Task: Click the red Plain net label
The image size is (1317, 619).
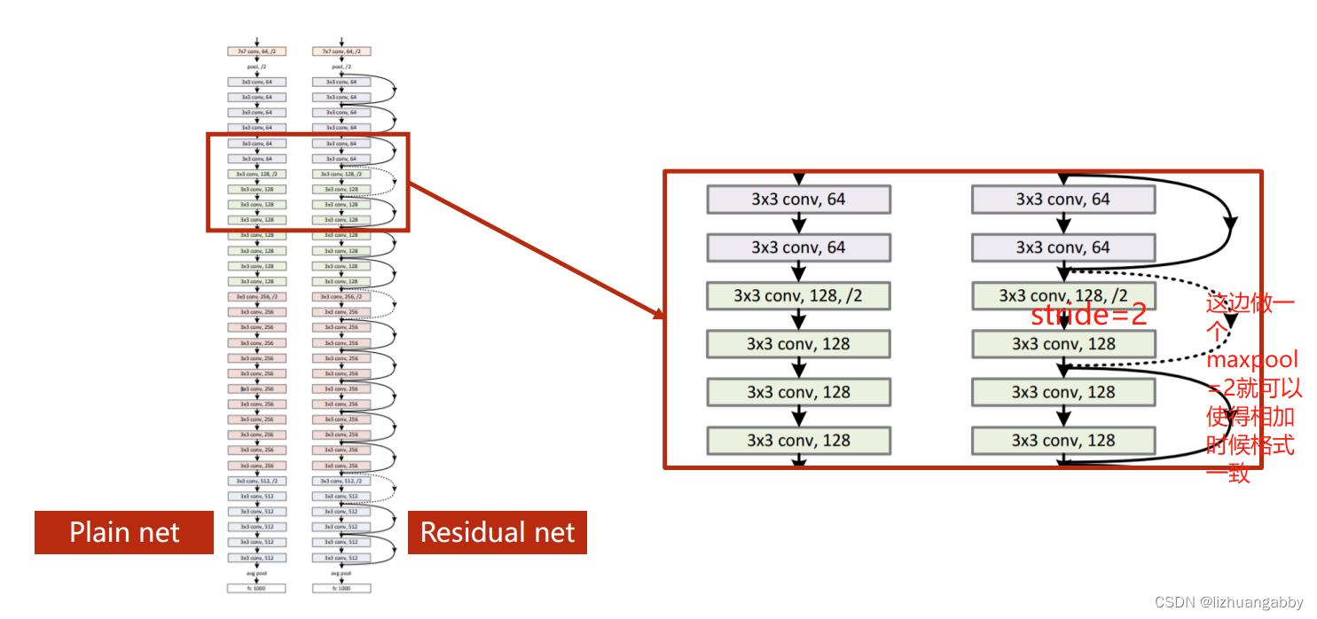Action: pos(124,532)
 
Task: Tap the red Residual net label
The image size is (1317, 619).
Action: pos(497,532)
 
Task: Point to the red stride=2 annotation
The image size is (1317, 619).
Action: pos(1088,316)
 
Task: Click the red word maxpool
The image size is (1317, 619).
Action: pos(1251,359)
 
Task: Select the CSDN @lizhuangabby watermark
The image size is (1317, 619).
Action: pos(1228,603)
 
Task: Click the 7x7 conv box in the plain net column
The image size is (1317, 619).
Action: pos(256,51)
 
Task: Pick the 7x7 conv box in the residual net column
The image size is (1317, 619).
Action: pos(341,51)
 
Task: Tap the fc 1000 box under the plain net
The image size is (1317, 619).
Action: pos(256,588)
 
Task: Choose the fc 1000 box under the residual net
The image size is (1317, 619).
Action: pos(341,588)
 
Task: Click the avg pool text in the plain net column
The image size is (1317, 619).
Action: pos(256,573)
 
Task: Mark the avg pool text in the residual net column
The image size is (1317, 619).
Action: pos(341,573)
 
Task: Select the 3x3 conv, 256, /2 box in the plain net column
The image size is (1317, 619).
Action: pos(256,296)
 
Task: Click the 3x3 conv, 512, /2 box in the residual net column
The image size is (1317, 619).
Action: pos(341,481)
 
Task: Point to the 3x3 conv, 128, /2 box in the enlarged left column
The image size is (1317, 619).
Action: pos(798,295)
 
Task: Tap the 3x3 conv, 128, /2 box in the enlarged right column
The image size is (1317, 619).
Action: pos(1063,295)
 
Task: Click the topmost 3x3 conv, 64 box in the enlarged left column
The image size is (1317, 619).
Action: pos(798,200)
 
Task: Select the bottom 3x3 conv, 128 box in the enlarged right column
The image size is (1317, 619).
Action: pos(1063,440)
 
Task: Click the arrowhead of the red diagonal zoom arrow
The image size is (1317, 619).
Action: pos(657,316)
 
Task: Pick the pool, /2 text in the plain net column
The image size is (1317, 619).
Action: pos(256,67)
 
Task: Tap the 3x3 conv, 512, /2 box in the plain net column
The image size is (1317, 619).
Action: pos(256,481)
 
